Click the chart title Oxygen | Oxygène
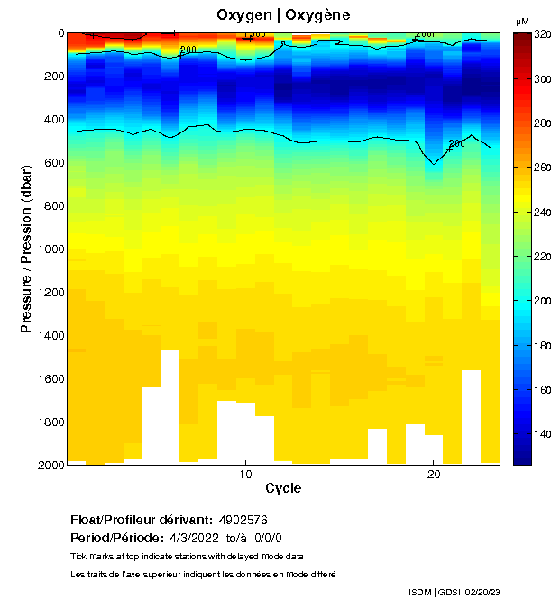(x=283, y=15)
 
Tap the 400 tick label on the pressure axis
(x=52, y=120)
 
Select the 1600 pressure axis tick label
(x=49, y=379)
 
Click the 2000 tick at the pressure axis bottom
(x=49, y=465)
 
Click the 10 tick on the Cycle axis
(x=245, y=475)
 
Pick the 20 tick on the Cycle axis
(x=434, y=475)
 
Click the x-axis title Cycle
(x=283, y=489)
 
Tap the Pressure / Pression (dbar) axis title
(x=26, y=249)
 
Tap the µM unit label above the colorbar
(x=522, y=21)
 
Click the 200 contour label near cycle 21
(x=456, y=143)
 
